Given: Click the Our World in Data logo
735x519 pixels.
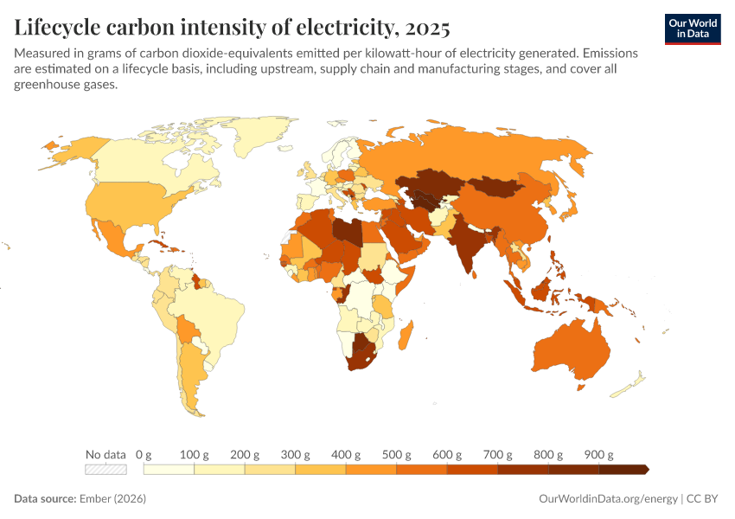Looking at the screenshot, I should pos(692,29).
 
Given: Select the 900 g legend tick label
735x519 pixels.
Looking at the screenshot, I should pos(599,455).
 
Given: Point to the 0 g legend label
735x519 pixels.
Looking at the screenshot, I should pos(144,455).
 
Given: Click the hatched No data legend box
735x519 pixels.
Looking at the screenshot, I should pos(105,470).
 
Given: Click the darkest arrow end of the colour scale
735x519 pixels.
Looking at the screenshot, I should pos(644,470).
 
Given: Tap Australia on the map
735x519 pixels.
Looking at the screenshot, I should pos(569,348).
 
